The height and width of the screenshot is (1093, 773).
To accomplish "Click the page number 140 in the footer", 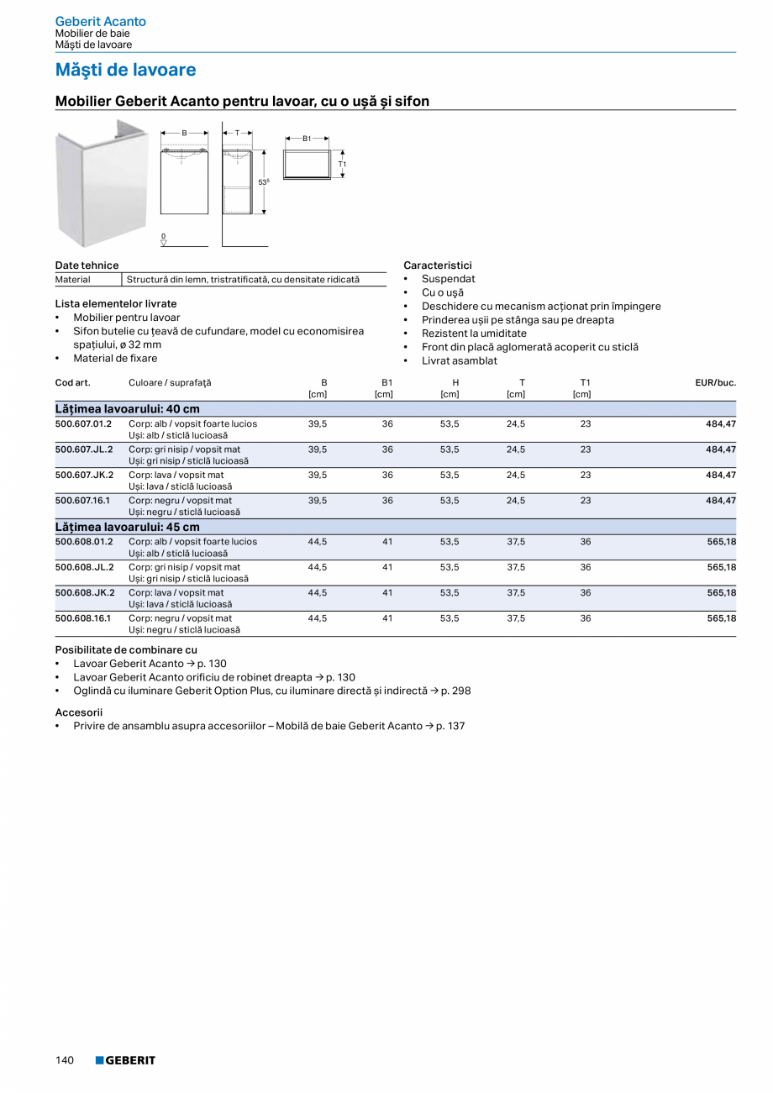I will point(65,1060).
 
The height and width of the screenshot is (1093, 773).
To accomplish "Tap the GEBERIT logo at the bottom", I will point(125,1060).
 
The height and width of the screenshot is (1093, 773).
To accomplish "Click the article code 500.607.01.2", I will point(84,424).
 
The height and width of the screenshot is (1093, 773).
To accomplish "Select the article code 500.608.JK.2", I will point(84,592).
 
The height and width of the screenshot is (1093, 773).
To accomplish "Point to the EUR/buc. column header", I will point(715,382).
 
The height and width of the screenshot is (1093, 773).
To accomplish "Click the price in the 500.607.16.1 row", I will point(721,501).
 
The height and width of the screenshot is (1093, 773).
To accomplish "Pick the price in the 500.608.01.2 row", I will point(721,542).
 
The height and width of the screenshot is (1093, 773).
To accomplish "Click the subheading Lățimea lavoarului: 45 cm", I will point(128,527).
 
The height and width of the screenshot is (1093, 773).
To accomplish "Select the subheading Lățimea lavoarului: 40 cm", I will point(128,408).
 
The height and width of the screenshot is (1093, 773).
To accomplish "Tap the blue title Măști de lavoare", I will point(125,70).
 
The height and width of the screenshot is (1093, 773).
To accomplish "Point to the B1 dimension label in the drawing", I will point(307,139).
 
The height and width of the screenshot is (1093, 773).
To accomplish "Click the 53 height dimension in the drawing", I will point(263,182).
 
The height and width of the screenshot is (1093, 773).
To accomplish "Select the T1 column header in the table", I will point(585,382).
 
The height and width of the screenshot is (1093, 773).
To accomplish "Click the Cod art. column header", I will point(72,382).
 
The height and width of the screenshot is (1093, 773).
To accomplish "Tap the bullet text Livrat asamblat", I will point(460,360).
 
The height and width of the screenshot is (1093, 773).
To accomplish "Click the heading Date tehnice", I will point(87,265).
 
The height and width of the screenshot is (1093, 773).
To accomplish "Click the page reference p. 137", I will point(450,726).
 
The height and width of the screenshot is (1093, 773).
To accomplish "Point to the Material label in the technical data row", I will point(73,279).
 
